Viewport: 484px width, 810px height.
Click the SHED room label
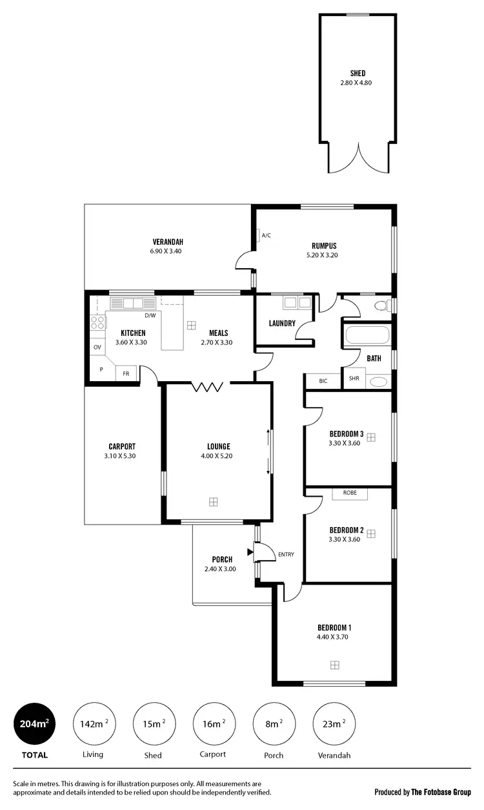pyautogui.click(x=357, y=73)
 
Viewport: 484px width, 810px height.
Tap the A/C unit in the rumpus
pyautogui.click(x=257, y=235)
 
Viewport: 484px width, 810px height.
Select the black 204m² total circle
pyautogui.click(x=34, y=724)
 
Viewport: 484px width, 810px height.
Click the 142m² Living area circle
pyautogui.click(x=92, y=724)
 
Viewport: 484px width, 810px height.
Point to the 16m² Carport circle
pyautogui.click(x=213, y=724)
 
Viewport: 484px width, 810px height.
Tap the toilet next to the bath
pyautogui.click(x=383, y=304)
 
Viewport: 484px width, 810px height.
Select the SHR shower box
pyautogui.click(x=354, y=379)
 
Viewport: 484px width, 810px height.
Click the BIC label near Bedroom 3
pyautogui.click(x=323, y=381)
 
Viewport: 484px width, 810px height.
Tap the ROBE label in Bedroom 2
pyautogui.click(x=350, y=493)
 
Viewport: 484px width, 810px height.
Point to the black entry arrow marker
pyautogui.click(x=250, y=552)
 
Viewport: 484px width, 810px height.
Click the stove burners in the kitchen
pyautogui.click(x=97, y=323)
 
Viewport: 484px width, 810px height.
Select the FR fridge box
pyautogui.click(x=126, y=374)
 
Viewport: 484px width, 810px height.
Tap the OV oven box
pyautogui.click(x=97, y=348)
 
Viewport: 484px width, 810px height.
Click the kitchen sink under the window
pyautogui.click(x=132, y=303)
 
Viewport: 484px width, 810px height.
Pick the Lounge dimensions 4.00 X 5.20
pyautogui.click(x=219, y=456)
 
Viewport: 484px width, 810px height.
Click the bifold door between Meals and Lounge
pyautogui.click(x=208, y=387)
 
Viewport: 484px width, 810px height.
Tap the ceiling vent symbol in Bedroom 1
pyautogui.click(x=334, y=665)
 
